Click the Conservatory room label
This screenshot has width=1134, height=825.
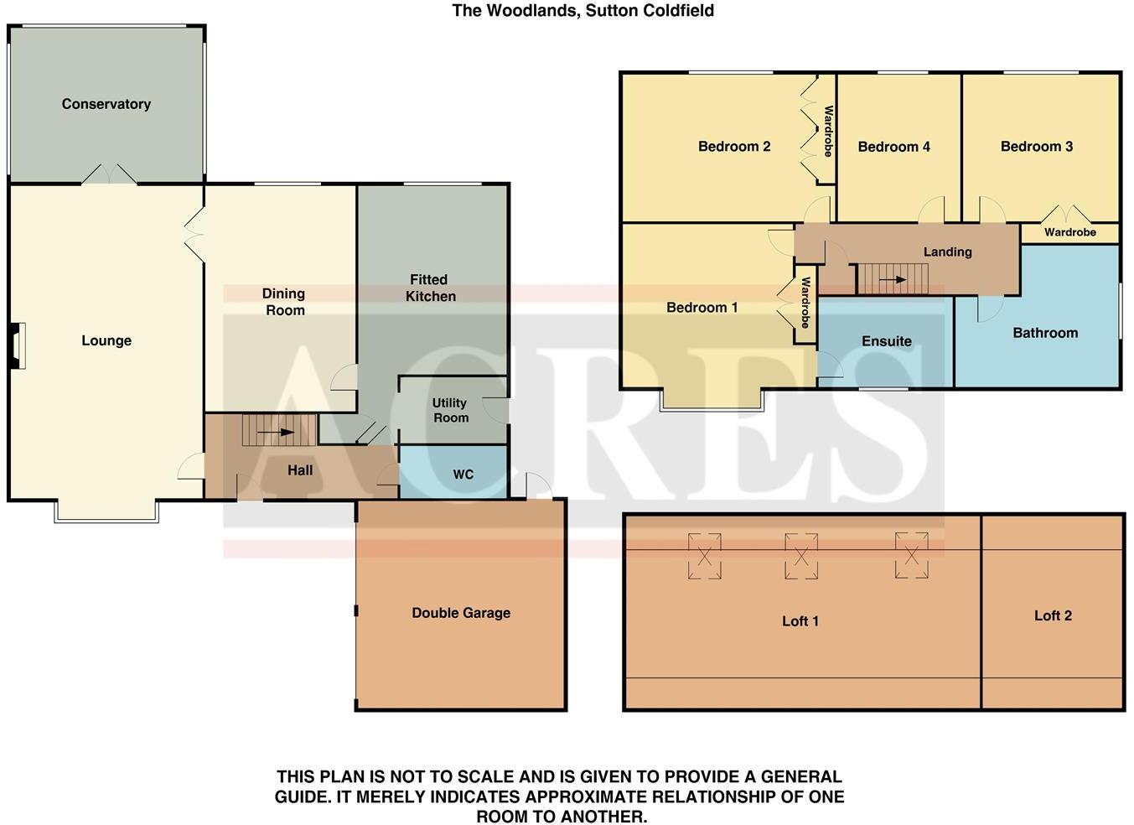[106, 104]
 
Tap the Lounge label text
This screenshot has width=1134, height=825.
[106, 340]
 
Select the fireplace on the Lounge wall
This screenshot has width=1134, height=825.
[17, 345]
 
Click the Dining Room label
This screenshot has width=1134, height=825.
[284, 302]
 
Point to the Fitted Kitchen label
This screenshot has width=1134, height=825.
[430, 288]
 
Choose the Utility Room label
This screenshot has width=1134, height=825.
[450, 410]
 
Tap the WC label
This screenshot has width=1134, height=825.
[463, 475]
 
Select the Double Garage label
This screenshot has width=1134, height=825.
[461, 613]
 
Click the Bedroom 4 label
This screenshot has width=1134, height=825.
[893, 147]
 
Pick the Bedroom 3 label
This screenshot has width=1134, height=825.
[1036, 147]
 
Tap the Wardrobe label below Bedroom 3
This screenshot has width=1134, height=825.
[1069, 232]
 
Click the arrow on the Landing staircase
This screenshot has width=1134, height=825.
[895, 280]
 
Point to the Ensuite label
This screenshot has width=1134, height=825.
[886, 341]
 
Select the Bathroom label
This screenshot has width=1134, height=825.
[1045, 333]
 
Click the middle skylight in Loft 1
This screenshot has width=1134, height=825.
[800, 556]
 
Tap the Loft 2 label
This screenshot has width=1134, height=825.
[1053, 615]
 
